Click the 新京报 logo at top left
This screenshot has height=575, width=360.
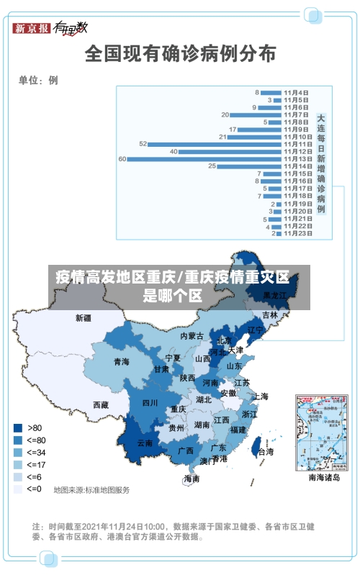[31, 28]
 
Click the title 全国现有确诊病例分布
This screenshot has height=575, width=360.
[181, 53]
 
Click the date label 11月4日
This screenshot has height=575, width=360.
[296, 92]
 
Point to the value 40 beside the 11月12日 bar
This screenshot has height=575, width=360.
[174, 151]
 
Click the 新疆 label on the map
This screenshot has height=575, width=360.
[84, 317]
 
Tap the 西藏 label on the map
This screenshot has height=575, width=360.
[101, 405]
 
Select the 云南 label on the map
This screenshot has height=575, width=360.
[145, 443]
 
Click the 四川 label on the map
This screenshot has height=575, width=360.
[150, 403]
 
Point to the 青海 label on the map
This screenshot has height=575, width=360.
[121, 362]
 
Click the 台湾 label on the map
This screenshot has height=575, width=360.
[266, 452]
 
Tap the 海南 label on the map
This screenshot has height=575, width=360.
[192, 479]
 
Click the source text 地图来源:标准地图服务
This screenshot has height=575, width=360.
[91, 490]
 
